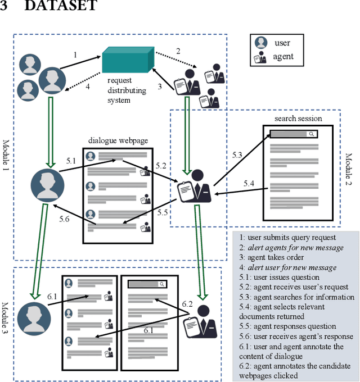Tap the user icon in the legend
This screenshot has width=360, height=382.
[x=260, y=43]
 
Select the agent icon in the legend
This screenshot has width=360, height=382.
[x=260, y=57]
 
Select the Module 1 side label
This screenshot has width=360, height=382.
[x=6, y=157]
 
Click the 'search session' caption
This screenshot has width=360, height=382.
[x=298, y=119]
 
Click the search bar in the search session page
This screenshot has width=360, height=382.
[x=294, y=134]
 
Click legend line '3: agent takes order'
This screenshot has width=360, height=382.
[x=272, y=257]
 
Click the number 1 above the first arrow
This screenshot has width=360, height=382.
[x=75, y=55]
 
